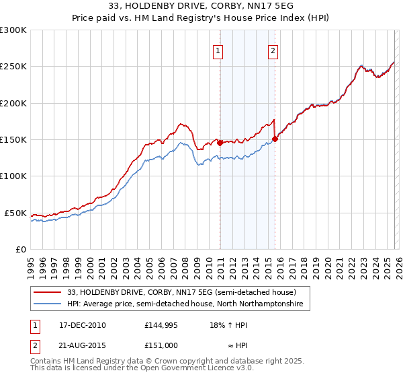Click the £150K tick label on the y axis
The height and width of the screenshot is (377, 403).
tap(13, 140)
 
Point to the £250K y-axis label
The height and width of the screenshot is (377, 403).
tap(13, 67)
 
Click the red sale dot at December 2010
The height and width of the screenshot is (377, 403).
tap(220, 143)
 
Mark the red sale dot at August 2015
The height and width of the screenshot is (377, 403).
tap(275, 139)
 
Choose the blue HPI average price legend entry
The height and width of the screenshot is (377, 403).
tap(185, 304)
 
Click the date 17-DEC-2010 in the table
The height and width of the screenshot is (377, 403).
tap(78, 325)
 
